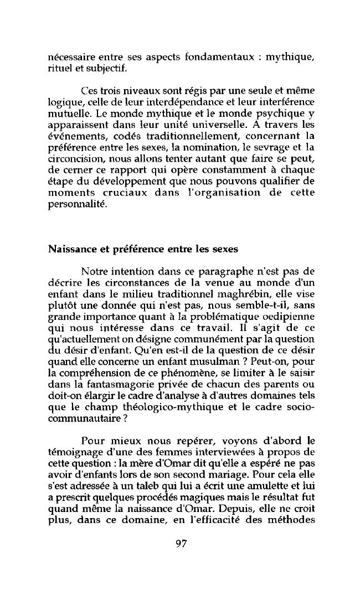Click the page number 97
click(180, 543)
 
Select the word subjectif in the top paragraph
click(99, 68)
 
